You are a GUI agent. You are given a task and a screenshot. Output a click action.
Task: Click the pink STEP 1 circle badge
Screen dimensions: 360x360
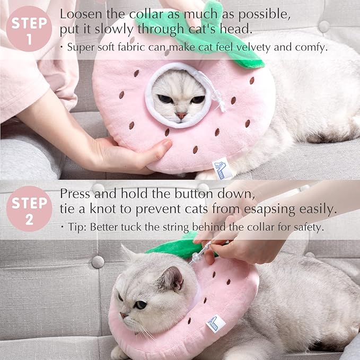click(x=29, y=29)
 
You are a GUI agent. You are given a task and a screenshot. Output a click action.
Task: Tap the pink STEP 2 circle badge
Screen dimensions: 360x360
click(x=29, y=208)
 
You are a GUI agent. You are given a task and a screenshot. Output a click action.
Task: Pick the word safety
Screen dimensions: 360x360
click(x=308, y=227)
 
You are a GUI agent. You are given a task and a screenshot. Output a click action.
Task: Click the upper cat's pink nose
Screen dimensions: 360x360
click(x=181, y=115)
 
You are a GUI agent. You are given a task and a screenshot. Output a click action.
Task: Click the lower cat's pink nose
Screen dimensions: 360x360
click(x=124, y=315)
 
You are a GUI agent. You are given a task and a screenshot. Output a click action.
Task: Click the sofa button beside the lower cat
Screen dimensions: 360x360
click(x=98, y=261)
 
